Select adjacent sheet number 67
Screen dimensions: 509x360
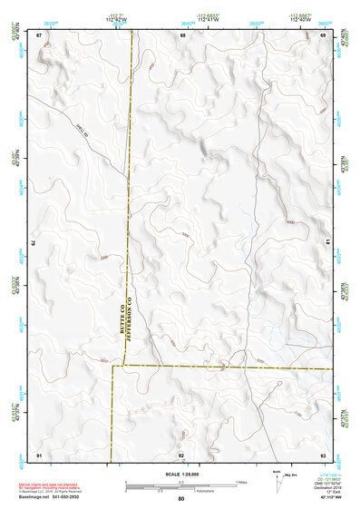click(x=40, y=34)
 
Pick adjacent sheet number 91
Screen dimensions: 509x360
click(x=39, y=453)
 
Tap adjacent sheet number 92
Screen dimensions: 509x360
click(x=181, y=453)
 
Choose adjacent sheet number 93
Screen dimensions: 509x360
click(x=323, y=453)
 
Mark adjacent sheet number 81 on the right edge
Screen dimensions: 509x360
click(x=326, y=243)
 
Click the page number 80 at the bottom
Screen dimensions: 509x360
click(x=181, y=499)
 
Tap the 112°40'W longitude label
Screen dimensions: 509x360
click(x=301, y=20)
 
